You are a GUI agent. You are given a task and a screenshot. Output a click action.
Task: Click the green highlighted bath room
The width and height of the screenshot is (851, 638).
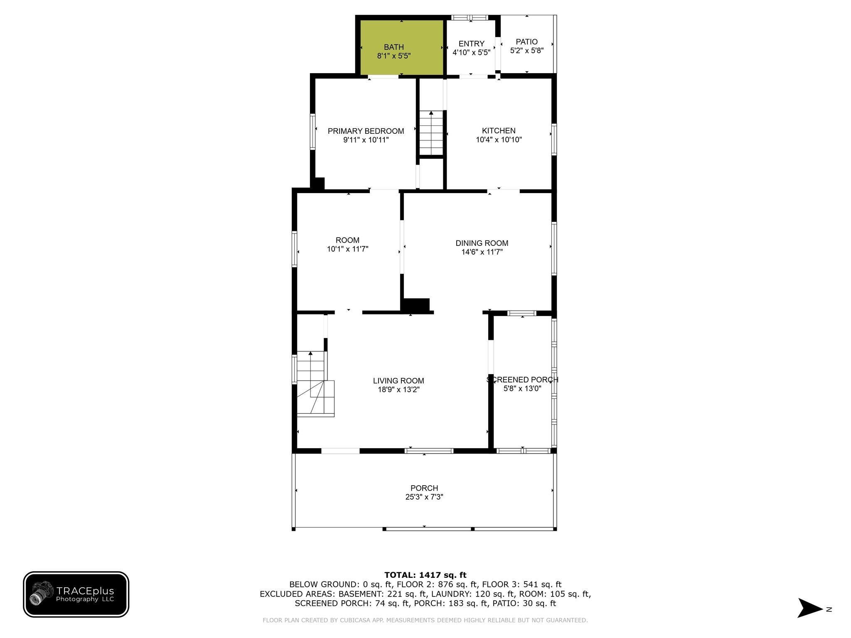click(401, 47)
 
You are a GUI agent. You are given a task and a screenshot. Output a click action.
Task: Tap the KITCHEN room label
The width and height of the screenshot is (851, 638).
click(499, 131)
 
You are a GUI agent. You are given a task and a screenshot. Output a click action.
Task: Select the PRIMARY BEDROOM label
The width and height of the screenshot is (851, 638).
click(366, 131)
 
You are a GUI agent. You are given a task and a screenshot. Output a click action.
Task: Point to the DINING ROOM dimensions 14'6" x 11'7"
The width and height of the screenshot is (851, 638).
click(482, 252)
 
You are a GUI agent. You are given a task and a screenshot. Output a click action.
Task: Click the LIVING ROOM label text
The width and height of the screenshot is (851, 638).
click(398, 380)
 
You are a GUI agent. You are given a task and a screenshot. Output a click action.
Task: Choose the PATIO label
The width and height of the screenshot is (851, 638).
click(526, 42)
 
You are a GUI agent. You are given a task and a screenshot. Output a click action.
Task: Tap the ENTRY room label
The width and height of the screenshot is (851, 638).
click(471, 44)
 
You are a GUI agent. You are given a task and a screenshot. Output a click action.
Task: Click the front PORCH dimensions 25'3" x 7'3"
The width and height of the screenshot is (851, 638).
click(424, 497)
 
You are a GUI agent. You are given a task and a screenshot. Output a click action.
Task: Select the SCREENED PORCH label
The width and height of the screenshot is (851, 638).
click(522, 380)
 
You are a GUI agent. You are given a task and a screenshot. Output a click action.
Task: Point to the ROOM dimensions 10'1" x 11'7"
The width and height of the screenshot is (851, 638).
click(347, 249)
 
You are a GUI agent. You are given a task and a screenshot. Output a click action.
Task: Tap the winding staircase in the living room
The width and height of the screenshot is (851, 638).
click(315, 384)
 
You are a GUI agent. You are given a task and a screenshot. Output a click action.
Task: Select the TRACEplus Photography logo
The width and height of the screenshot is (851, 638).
click(76, 594)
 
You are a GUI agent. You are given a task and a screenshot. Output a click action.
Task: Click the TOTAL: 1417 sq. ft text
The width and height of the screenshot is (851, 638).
click(425, 575)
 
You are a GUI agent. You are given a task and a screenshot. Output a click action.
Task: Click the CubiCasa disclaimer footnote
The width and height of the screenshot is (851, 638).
click(425, 620)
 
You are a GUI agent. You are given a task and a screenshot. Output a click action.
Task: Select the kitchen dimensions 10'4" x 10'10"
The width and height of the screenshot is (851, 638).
click(499, 140)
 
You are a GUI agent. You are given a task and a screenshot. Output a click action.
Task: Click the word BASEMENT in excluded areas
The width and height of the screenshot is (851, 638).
click(359, 594)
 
